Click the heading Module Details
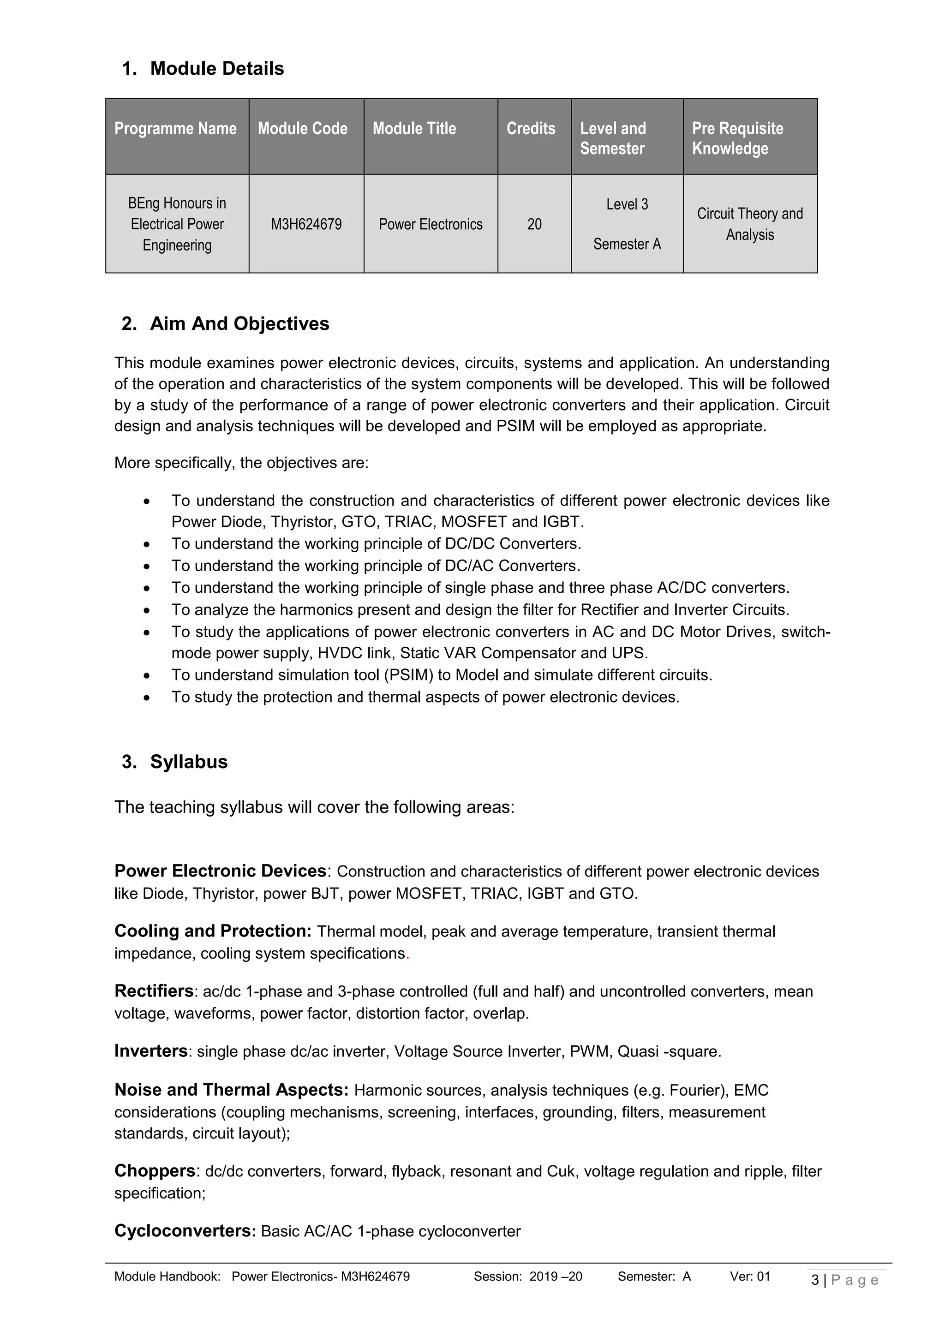(x=216, y=69)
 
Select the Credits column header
(x=531, y=129)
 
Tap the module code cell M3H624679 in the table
(x=306, y=225)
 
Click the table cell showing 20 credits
(x=534, y=225)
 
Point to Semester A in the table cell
(x=627, y=245)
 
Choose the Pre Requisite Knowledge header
(x=737, y=138)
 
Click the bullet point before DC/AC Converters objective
(x=147, y=566)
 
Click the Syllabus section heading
(x=189, y=762)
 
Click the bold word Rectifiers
(x=154, y=991)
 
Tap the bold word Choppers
(x=154, y=1171)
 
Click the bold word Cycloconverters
(x=185, y=1231)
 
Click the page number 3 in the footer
(x=815, y=1280)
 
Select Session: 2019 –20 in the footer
(x=527, y=1276)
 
